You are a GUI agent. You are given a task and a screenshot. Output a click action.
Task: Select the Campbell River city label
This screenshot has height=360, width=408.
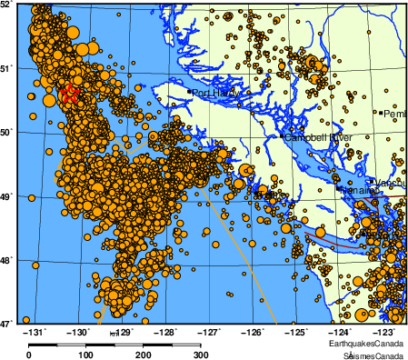(x=319, y=137)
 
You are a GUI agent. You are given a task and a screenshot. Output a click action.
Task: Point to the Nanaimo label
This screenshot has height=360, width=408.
(x=355, y=191)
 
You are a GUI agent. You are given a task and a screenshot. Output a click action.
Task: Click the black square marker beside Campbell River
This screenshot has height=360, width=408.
(x=284, y=137)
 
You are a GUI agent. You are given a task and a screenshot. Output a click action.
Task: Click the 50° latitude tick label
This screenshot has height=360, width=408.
(x=7, y=132)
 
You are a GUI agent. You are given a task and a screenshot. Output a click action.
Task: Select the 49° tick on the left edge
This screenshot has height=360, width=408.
(x=7, y=195)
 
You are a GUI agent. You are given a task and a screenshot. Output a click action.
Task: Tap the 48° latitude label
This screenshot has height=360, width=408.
(x=7, y=259)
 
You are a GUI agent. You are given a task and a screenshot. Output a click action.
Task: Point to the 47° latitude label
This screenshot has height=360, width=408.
(x=7, y=323)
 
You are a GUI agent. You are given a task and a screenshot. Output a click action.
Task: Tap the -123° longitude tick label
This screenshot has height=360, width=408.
(x=383, y=332)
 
